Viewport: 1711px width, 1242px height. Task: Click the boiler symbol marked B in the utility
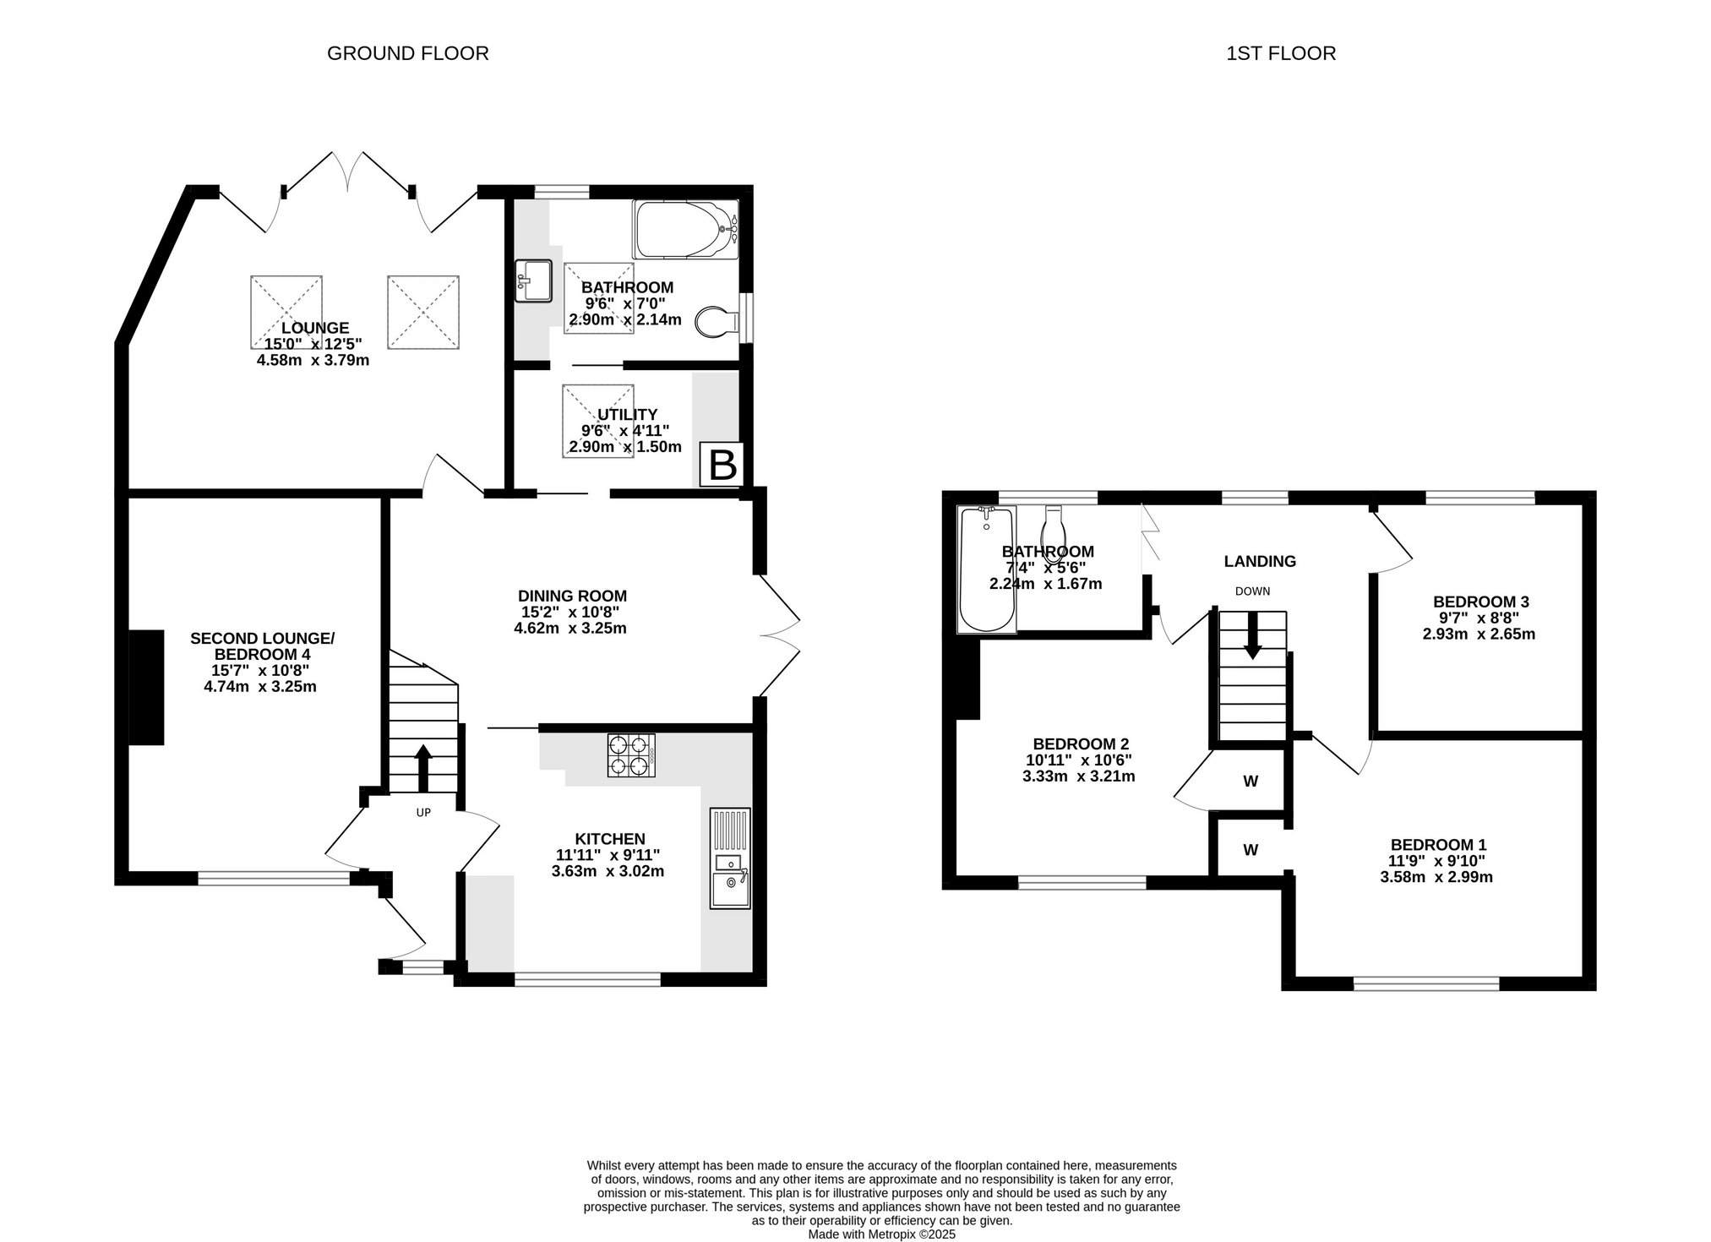[x=722, y=465]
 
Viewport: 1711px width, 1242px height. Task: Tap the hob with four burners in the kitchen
[x=631, y=754]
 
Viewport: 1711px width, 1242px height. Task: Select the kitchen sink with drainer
[x=730, y=858]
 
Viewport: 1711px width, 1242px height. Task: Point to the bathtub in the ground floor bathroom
[x=686, y=229]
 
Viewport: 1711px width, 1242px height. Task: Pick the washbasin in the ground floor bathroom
[x=533, y=281]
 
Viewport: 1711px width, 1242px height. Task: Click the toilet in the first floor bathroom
[x=1054, y=534]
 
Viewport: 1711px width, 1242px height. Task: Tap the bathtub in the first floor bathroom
[x=987, y=569]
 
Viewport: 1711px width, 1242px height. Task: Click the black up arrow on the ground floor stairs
[x=423, y=768]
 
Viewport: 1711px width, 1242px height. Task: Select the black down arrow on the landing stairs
[x=1252, y=635]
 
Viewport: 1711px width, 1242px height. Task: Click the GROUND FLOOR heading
[x=408, y=53]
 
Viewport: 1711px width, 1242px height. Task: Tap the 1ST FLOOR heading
[x=1281, y=53]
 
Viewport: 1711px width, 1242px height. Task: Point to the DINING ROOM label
[x=572, y=596]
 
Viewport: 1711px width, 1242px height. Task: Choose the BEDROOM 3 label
[x=1481, y=602]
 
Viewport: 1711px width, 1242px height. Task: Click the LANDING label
[x=1260, y=561]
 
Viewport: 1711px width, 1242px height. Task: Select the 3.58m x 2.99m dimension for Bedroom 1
[x=1436, y=877]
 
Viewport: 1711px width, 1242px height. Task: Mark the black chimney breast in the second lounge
[x=145, y=687]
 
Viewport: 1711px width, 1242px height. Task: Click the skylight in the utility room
[x=598, y=422]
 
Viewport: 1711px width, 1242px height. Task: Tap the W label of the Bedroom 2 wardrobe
[x=1251, y=782]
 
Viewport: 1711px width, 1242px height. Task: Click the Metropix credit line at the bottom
[x=881, y=1234]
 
